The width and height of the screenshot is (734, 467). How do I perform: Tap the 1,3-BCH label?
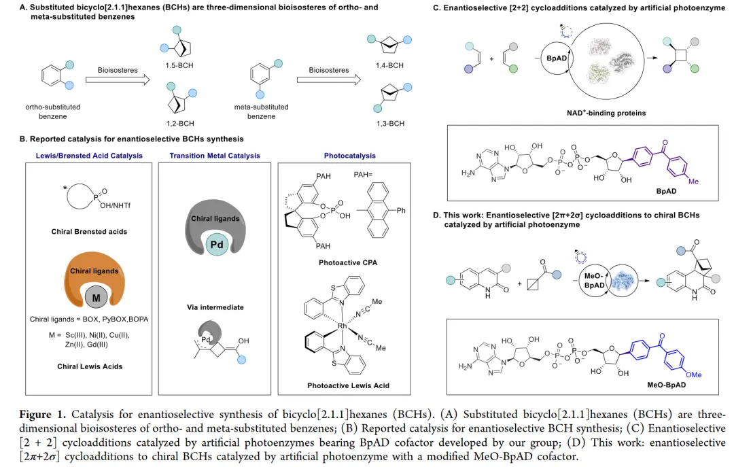tap(390, 124)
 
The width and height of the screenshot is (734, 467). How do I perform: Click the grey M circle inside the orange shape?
tap(98, 296)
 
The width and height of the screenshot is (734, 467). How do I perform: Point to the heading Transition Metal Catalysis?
tap(215, 156)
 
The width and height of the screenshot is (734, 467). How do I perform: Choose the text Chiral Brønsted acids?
tap(89, 232)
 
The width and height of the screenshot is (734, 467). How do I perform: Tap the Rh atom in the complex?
tap(343, 326)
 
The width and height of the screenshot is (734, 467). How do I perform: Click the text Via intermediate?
tap(215, 307)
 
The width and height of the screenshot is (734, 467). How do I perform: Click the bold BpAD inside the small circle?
tap(557, 58)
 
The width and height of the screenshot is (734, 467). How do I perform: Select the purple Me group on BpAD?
tap(693, 181)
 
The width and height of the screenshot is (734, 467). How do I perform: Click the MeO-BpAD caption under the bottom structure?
tap(667, 385)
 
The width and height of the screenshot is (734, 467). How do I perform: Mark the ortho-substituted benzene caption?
tap(48, 111)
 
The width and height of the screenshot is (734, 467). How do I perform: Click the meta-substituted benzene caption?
tap(261, 111)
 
